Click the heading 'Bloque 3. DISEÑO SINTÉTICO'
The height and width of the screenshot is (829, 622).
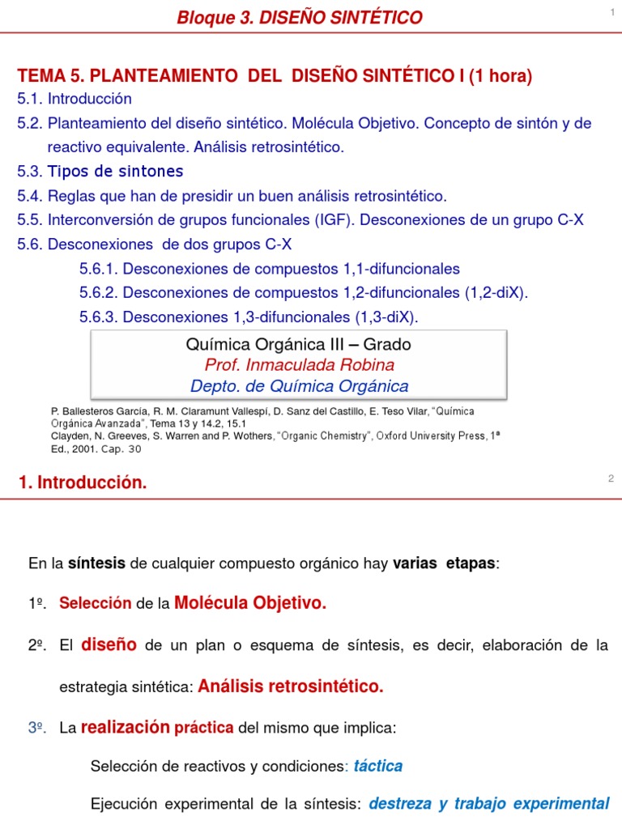pos(300,17)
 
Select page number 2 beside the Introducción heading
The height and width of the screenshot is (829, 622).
pos(611,478)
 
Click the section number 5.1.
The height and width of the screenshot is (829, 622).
pos(30,99)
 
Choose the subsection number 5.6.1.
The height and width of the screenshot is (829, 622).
pos(99,269)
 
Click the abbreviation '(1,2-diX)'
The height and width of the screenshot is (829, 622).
pos(496,292)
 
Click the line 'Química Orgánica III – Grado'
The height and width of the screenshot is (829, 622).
pos(298,344)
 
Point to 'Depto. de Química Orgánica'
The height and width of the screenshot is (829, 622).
pos(299,386)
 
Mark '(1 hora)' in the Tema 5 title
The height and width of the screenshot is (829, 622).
pos(499,76)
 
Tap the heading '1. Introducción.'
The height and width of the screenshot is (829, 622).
pos(83,483)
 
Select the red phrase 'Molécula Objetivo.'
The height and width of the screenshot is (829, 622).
pos(250,603)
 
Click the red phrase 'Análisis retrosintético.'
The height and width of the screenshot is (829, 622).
pos(291,687)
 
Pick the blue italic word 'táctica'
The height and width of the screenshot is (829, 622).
pos(378,766)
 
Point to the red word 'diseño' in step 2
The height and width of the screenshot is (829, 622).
pos(109,644)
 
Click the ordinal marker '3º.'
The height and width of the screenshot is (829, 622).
pos(36,729)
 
